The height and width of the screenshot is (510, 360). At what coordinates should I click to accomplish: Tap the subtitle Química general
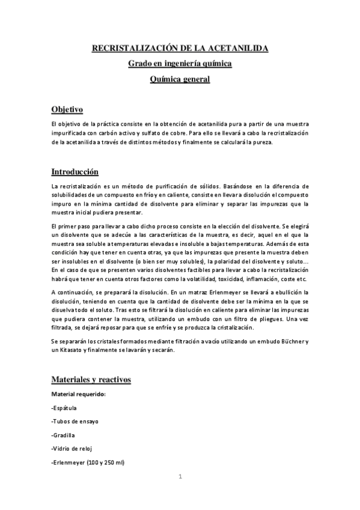click(180, 79)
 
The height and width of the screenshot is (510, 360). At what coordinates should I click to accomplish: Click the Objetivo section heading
click(67, 109)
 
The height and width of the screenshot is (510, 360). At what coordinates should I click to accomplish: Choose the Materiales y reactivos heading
click(91, 380)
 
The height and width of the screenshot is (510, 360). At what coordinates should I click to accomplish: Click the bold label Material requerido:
click(78, 395)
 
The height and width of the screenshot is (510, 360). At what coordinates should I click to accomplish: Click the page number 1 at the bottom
click(180, 477)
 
